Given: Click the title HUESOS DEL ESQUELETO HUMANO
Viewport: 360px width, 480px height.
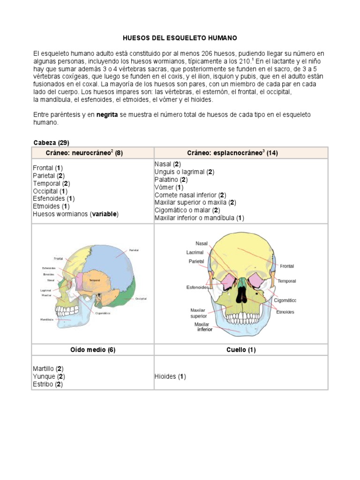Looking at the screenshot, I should tap(180, 37).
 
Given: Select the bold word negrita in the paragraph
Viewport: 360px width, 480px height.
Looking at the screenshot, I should tap(110, 115).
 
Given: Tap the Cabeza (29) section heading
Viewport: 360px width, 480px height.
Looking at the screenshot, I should tap(52, 142).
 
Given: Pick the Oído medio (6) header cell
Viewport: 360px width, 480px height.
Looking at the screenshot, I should tap(92, 350).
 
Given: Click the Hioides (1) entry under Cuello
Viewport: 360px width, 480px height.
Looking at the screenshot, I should tap(170, 376).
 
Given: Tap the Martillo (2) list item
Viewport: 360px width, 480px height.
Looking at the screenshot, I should tap(48, 369).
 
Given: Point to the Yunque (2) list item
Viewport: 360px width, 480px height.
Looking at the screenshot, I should tap(49, 376).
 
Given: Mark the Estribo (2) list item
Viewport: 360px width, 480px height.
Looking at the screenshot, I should tap(48, 384).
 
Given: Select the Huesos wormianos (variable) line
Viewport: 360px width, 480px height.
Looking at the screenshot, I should tap(75, 214).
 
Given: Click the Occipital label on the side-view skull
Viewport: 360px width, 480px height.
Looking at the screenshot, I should tap(141, 299).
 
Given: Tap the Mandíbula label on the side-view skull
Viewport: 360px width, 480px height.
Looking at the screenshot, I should tap(47, 319).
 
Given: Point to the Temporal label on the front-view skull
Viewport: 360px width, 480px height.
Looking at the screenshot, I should tap(286, 281).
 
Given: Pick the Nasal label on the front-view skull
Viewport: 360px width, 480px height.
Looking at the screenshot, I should tap(202, 243).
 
